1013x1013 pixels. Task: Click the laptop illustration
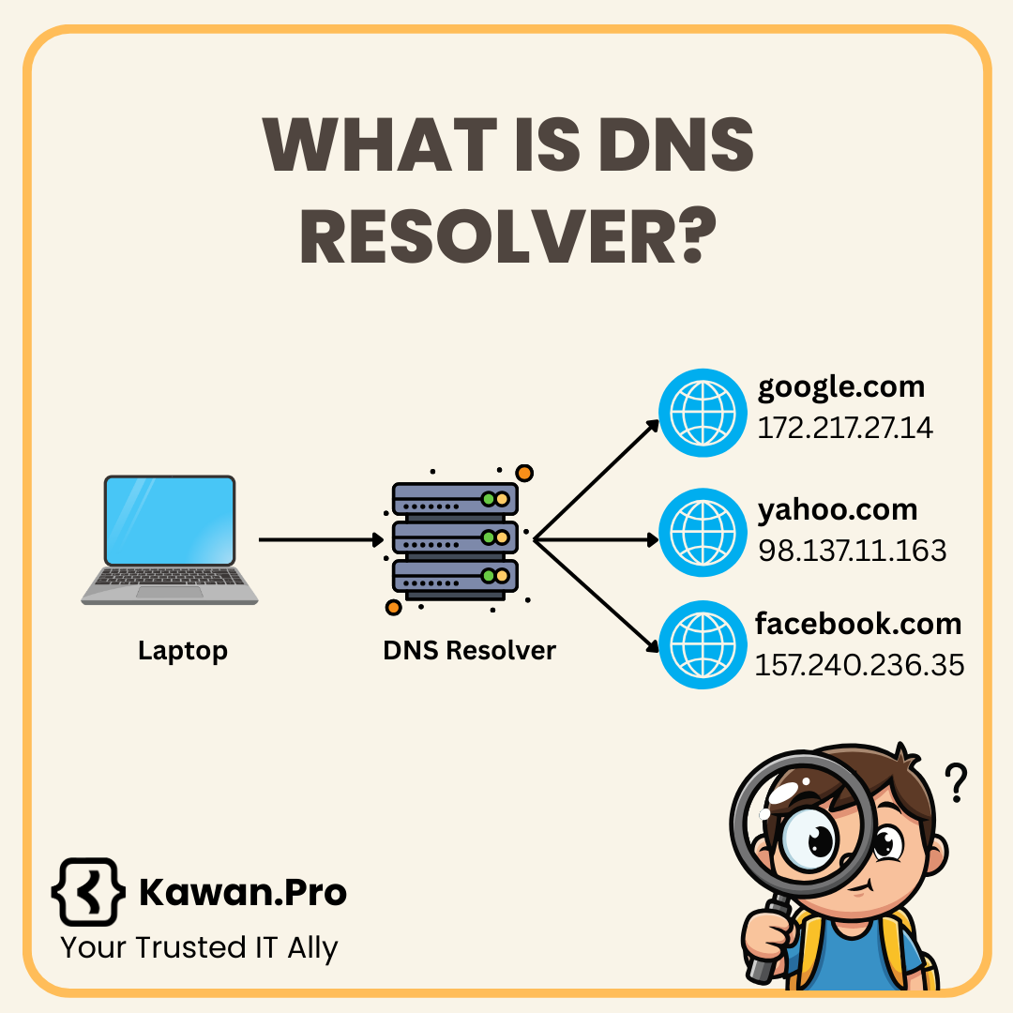click(169, 539)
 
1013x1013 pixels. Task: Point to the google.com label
click(841, 386)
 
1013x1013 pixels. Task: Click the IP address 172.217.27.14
click(844, 428)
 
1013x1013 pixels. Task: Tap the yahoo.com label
click(838, 509)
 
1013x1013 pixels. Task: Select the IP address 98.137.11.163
click(852, 551)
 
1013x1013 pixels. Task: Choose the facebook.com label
click(858, 624)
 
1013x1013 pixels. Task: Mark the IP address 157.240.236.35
click(859, 665)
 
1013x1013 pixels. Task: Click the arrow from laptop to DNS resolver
click(319, 539)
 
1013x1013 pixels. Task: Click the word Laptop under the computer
click(183, 650)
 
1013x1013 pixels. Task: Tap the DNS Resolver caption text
click(469, 650)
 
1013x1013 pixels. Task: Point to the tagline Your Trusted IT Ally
click(199, 947)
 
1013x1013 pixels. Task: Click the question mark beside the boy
click(955, 783)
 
